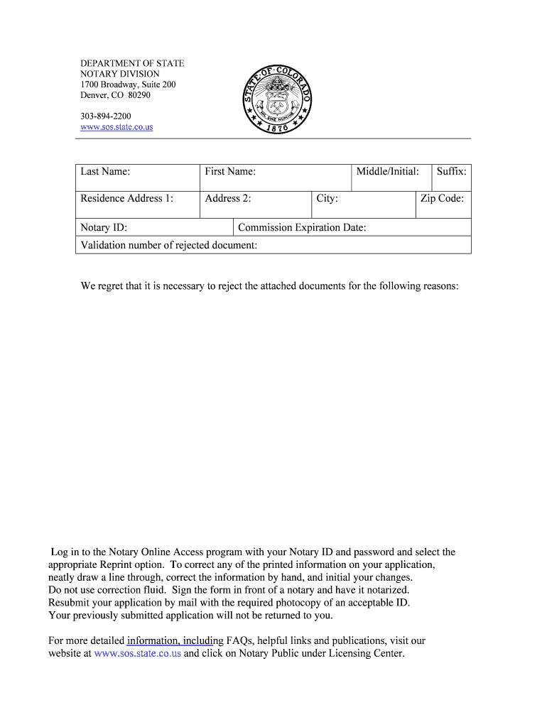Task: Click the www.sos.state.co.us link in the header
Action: (x=116, y=127)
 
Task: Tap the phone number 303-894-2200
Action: (x=105, y=116)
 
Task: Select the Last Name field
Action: (x=137, y=177)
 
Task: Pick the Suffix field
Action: (x=451, y=177)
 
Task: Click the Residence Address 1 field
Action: (x=137, y=204)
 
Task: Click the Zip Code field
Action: (x=443, y=204)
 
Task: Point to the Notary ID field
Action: (x=154, y=228)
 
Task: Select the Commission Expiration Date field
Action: (x=352, y=228)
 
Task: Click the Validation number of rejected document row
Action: (x=273, y=245)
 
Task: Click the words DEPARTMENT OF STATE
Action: (x=131, y=63)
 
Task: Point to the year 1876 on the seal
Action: (x=277, y=129)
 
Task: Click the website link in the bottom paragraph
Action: (x=137, y=653)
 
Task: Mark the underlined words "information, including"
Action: (x=170, y=640)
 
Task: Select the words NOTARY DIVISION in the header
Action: (x=119, y=74)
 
